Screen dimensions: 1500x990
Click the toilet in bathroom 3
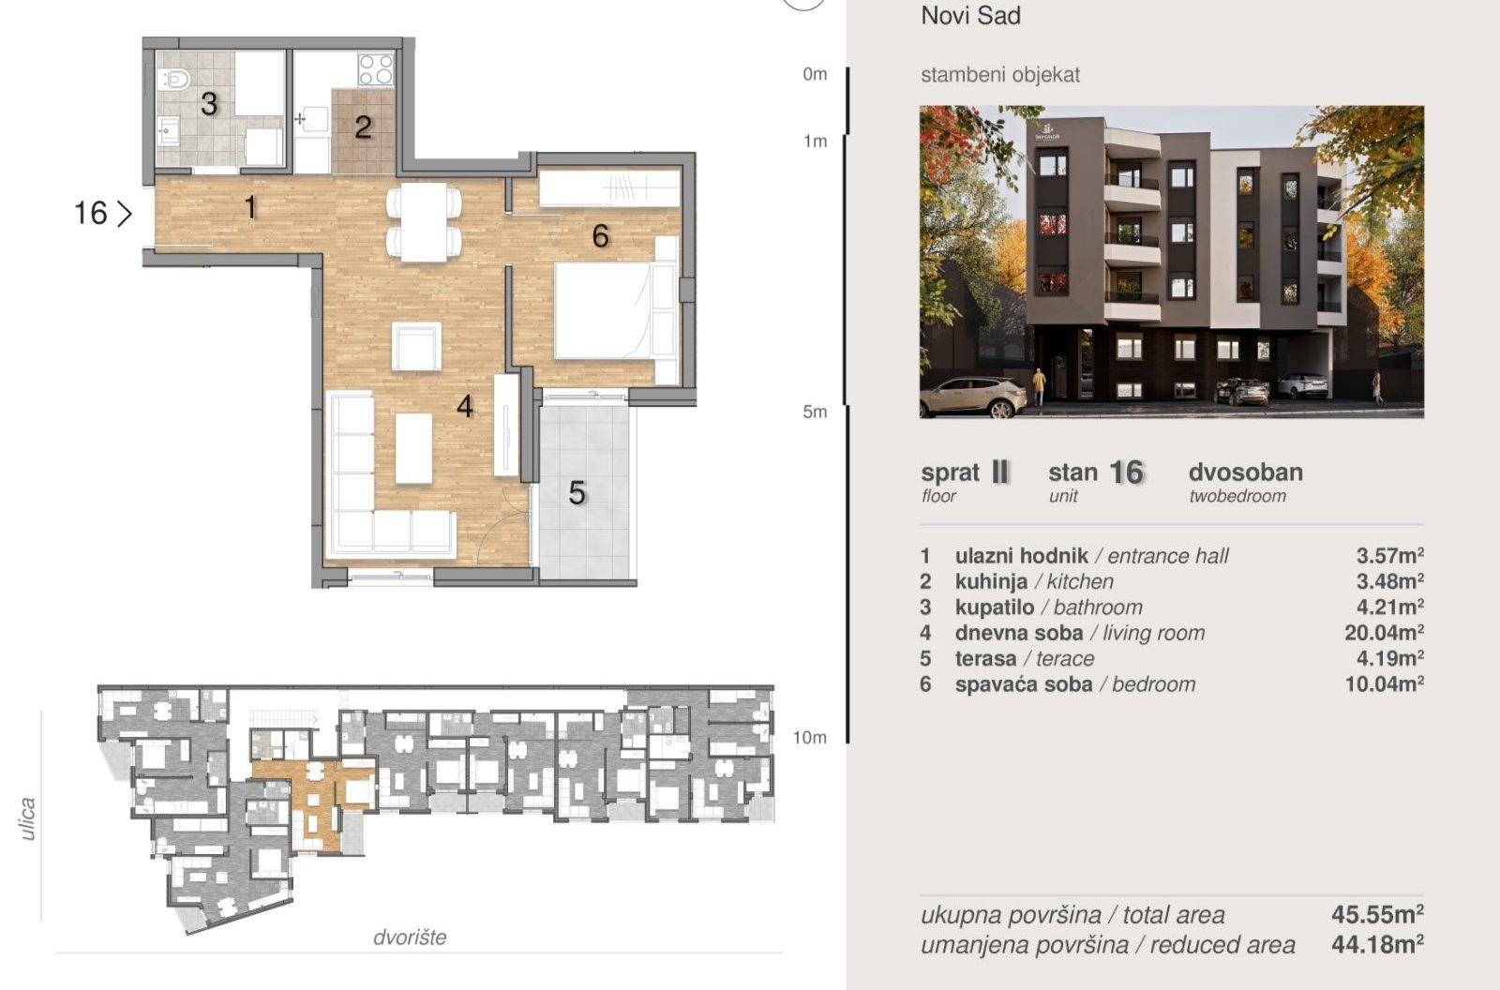coord(174,81)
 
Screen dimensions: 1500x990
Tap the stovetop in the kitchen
coord(376,69)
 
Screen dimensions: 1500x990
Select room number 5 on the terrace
coord(577,493)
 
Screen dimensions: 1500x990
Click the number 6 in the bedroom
coord(600,235)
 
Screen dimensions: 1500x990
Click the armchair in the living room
coord(416,346)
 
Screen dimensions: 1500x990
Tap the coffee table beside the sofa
coord(413,448)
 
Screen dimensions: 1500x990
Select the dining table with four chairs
coord(424,221)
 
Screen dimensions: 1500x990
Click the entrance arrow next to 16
coord(125,214)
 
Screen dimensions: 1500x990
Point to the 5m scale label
coord(815,412)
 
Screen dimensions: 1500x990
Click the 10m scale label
coord(810,738)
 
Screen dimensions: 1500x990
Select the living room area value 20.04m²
coord(1384,632)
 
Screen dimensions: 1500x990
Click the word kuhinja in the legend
coord(991,581)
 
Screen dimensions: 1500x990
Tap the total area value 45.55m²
coord(1377,914)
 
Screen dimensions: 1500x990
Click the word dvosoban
coord(1246,472)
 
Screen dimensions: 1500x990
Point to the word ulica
coord(27,818)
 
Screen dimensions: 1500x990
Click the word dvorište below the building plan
coord(410,937)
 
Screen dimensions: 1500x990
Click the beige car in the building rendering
coord(973,397)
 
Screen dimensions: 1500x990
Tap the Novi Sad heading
coord(971,15)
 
